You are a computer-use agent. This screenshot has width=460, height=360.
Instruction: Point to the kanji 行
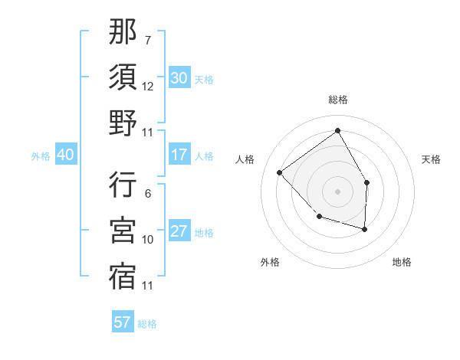(123, 185)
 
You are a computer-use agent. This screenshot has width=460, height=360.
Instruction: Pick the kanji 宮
(123, 230)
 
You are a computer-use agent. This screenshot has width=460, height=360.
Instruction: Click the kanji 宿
(123, 276)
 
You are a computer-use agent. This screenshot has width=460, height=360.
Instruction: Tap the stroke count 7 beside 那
(148, 40)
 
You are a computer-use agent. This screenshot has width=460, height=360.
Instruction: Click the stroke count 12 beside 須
(148, 86)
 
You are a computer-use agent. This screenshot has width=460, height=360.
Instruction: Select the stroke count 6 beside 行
(148, 193)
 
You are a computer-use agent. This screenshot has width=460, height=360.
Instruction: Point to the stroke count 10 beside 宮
(148, 239)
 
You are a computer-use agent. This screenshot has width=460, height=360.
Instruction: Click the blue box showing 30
(179, 78)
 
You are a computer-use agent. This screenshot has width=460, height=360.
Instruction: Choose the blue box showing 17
(179, 155)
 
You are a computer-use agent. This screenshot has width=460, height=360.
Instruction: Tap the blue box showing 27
(179, 231)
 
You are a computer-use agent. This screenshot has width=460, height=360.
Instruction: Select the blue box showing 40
(65, 155)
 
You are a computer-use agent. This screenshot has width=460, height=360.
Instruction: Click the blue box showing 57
(123, 322)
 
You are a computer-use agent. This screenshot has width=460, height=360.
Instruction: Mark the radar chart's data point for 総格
(337, 131)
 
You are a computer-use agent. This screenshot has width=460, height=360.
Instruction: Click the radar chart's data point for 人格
(281, 172)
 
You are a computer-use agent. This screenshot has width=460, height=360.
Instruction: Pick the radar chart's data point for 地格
(365, 229)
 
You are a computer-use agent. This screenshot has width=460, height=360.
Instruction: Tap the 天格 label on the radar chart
(431, 159)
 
